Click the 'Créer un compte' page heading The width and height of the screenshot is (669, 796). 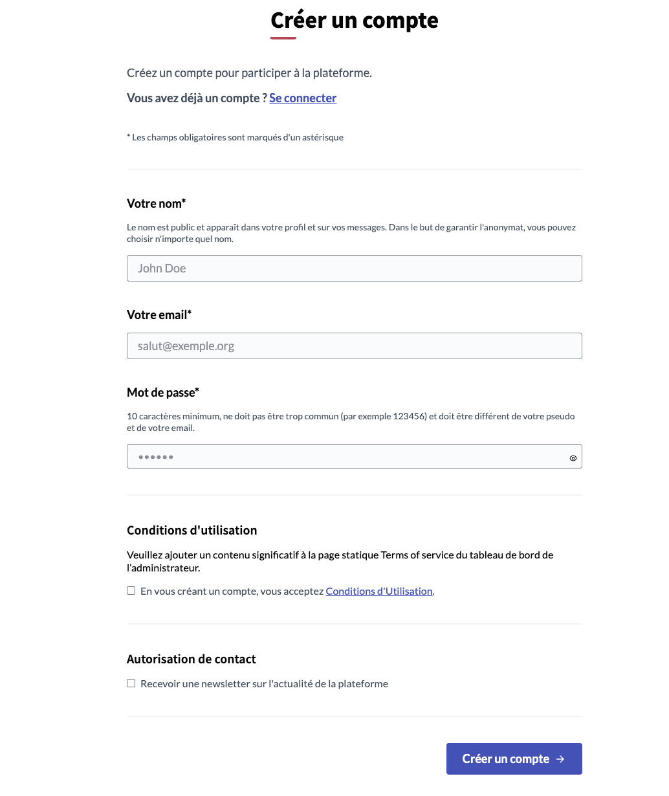[x=354, y=21]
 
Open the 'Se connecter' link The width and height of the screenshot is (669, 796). [x=303, y=98]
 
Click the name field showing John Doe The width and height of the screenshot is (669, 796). [x=354, y=269]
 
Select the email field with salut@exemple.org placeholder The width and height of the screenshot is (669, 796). [x=354, y=346]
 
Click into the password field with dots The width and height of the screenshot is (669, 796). [x=343, y=457]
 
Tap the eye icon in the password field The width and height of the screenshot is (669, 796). [x=573, y=458]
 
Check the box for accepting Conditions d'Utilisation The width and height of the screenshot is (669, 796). [x=131, y=591]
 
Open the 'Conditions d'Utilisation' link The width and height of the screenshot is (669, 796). [x=379, y=591]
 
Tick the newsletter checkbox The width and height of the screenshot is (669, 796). [x=131, y=683]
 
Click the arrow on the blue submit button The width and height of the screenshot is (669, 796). [x=560, y=759]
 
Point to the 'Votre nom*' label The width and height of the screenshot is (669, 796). [x=157, y=204]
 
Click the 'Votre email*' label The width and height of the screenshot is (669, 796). [x=159, y=315]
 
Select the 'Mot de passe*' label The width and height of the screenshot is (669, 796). [x=163, y=393]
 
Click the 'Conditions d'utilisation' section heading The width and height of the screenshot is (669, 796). [x=192, y=531]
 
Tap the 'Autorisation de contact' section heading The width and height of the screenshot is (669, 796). [x=192, y=659]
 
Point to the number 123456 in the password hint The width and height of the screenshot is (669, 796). [x=410, y=417]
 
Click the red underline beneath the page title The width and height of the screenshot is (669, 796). [x=283, y=38]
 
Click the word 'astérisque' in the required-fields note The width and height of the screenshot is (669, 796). [x=322, y=138]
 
